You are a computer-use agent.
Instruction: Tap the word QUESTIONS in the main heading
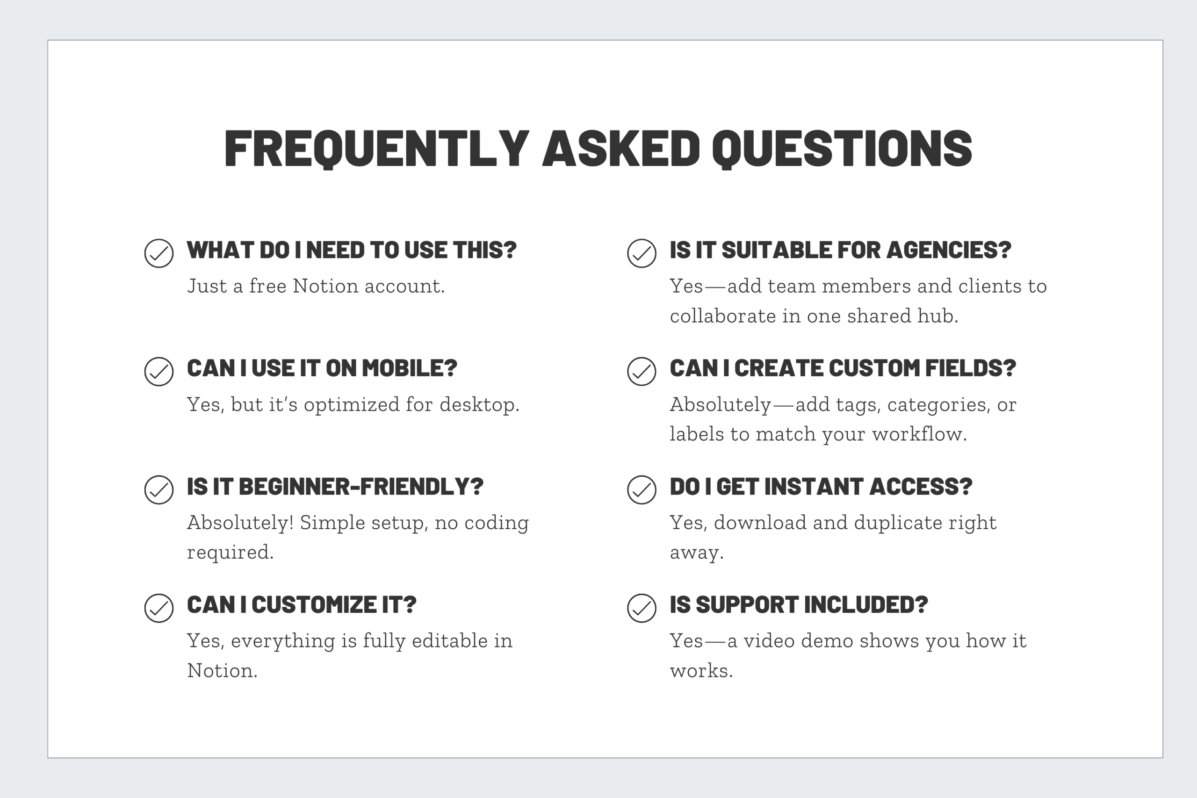[842, 148]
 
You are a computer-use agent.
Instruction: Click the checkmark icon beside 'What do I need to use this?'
[159, 253]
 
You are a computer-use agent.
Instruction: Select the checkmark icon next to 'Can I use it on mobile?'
[159, 372]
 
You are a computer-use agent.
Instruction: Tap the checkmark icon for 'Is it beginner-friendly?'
[159, 489]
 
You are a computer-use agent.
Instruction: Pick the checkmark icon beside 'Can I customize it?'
[159, 608]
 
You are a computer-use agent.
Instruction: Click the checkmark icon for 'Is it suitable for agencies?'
[641, 253]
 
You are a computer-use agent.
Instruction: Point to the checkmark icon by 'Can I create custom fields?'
[641, 372]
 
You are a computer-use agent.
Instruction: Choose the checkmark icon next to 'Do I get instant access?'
[641, 489]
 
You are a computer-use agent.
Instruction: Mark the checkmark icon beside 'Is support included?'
[641, 608]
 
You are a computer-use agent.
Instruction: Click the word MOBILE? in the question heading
[409, 368]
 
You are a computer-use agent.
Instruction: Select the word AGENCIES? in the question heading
[949, 250]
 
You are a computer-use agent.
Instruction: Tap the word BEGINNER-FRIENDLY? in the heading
[361, 487]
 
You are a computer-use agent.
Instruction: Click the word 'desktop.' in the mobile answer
[479, 404]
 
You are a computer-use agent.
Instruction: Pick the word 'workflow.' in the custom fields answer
[919, 434]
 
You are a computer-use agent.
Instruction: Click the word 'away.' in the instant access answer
[697, 553]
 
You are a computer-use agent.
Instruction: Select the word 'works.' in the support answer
[701, 671]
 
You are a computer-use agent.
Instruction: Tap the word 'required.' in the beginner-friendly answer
[231, 553]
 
